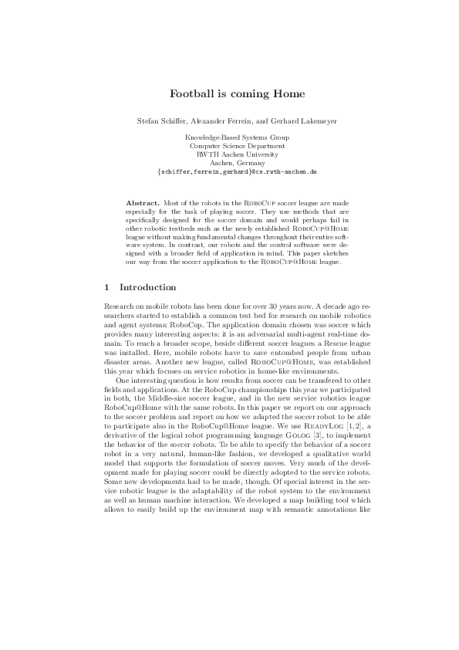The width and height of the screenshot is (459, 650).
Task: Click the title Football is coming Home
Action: [237, 94]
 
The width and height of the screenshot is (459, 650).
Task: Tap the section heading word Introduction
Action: [154, 287]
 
